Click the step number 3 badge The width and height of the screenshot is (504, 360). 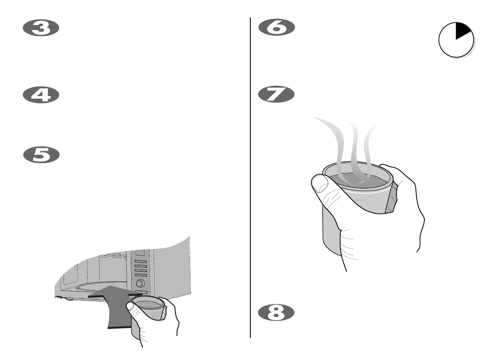click(41, 28)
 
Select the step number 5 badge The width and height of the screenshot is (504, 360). click(41, 155)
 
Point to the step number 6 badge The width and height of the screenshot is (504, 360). click(277, 28)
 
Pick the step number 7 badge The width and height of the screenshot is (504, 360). click(277, 94)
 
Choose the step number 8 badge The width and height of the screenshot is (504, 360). click(277, 313)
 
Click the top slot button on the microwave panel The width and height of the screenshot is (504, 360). click(140, 261)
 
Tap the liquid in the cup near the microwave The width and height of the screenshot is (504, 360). click(147, 304)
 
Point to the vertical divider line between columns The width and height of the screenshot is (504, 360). click(250, 178)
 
